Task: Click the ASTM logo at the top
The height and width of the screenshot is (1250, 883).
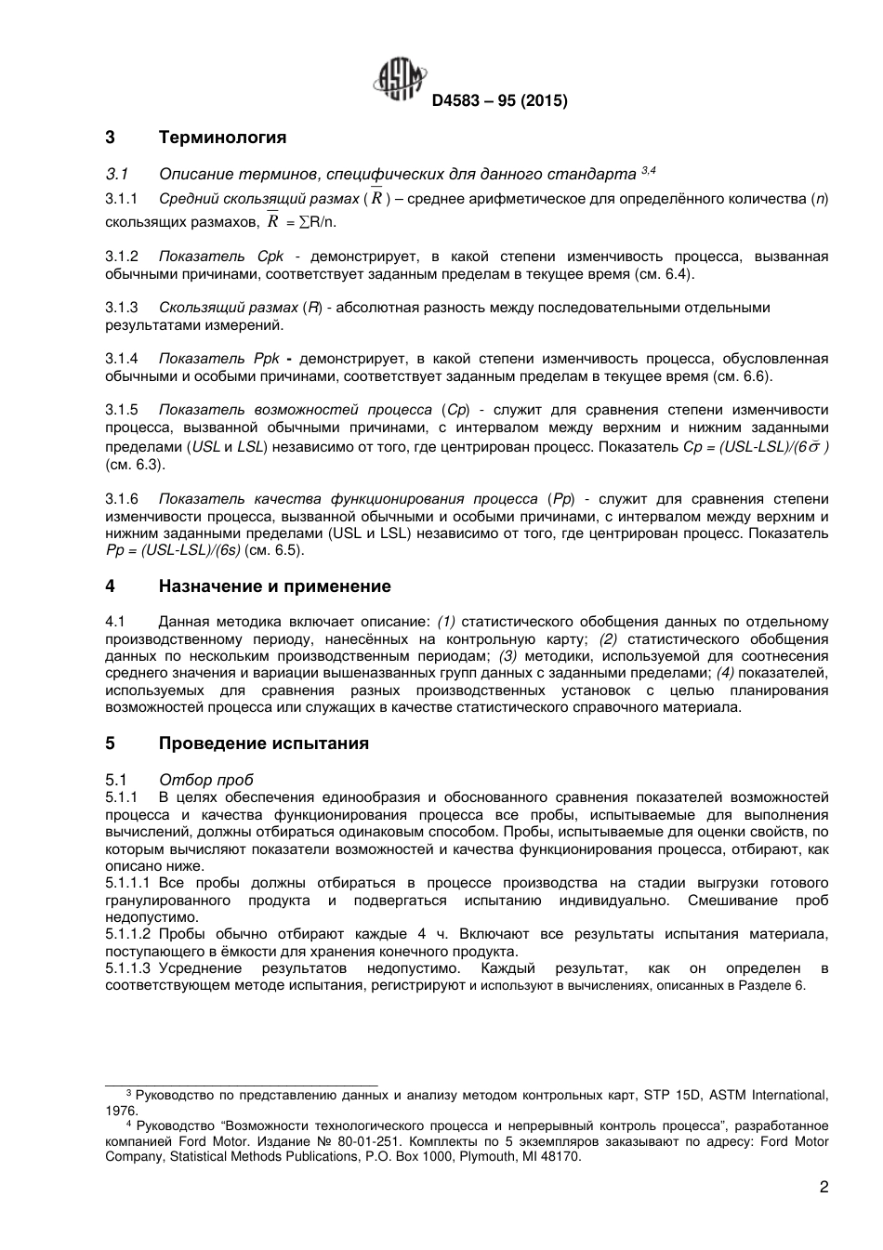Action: point(401,79)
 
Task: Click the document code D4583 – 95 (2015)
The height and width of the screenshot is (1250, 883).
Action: point(499,101)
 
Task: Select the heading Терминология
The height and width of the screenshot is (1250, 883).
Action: point(222,138)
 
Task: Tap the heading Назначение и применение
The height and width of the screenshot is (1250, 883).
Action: point(274,586)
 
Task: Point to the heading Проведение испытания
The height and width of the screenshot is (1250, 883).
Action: point(263,743)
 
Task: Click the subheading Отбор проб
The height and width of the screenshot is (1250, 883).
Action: point(205,780)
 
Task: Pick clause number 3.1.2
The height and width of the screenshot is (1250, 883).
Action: point(122,256)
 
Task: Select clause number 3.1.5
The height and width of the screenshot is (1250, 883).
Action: point(122,410)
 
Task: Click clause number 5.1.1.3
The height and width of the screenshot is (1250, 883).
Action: point(127,968)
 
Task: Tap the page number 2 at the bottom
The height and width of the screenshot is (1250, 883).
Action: point(824,1187)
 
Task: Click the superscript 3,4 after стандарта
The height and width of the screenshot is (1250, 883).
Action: point(649,171)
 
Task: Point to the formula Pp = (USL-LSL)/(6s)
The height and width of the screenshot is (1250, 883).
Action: point(173,550)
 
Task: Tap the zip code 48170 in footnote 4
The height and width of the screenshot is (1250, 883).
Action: point(561,1157)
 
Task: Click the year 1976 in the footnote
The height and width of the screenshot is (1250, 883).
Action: point(120,1111)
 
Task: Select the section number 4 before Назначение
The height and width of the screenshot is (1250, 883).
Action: point(110,586)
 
